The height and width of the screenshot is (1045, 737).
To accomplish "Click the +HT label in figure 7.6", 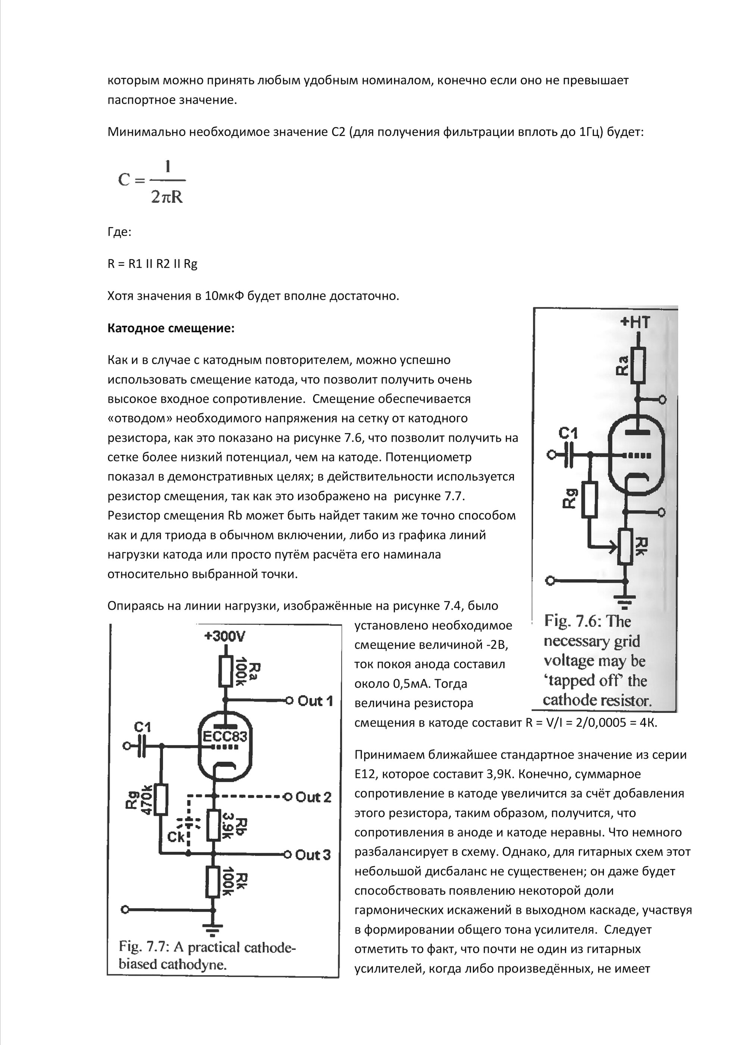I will [x=635, y=322].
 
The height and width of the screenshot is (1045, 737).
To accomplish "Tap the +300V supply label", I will [x=225, y=636].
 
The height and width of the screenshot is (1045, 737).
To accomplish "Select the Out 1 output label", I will [x=315, y=701].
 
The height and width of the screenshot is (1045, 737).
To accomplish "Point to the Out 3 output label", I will [x=313, y=855].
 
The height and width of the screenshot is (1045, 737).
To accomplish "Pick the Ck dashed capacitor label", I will [x=176, y=836].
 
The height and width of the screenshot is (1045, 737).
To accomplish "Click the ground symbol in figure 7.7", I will [x=212, y=929].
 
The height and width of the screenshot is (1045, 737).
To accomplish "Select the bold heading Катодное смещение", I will [x=171, y=328].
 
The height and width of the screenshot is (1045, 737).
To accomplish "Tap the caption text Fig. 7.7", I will [x=207, y=955].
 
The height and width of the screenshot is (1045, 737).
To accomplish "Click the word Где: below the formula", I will [x=119, y=232].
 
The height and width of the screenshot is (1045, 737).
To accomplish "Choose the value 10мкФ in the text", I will [x=224, y=296].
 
